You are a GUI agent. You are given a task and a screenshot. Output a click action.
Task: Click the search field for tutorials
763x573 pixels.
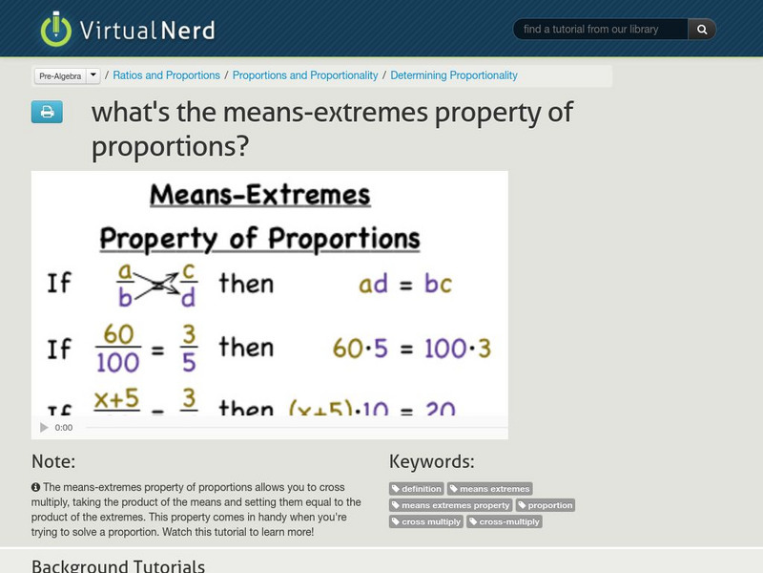click(x=601, y=30)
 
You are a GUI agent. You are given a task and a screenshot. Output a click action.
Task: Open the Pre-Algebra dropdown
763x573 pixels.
click(x=68, y=75)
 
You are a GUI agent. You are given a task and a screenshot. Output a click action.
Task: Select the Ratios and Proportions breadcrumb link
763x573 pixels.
click(x=166, y=75)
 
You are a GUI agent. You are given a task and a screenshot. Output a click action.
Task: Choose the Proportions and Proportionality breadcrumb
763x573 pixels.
click(x=305, y=75)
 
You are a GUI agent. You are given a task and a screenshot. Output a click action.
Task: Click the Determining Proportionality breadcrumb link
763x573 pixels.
click(x=454, y=75)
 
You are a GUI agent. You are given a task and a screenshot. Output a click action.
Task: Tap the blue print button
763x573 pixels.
click(x=46, y=113)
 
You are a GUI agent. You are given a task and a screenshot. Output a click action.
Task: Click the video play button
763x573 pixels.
click(x=43, y=428)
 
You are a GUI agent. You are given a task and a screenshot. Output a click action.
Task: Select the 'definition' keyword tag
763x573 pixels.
click(x=417, y=489)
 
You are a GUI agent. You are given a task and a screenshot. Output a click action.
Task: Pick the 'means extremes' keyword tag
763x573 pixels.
click(x=490, y=489)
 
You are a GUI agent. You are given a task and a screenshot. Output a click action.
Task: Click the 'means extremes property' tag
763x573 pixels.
click(x=450, y=505)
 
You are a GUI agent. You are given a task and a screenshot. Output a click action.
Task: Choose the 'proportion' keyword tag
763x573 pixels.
click(x=546, y=505)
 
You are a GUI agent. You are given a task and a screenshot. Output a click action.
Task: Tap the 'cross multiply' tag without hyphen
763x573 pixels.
click(x=426, y=521)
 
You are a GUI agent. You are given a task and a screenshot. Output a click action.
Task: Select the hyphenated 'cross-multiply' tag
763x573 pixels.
click(x=505, y=521)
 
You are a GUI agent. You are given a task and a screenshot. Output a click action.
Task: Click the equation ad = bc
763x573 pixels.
click(x=404, y=284)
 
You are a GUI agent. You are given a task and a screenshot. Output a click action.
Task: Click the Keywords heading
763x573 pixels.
click(x=431, y=461)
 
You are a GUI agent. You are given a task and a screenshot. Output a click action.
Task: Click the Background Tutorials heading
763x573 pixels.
click(x=118, y=564)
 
